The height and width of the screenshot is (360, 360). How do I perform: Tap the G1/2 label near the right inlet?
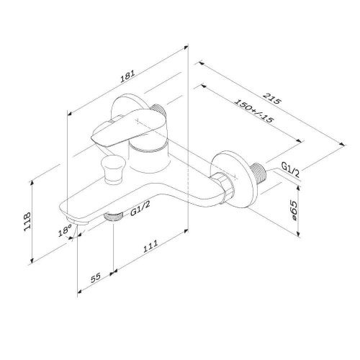[291, 168]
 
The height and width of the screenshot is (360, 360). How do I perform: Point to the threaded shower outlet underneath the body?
[114, 215]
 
